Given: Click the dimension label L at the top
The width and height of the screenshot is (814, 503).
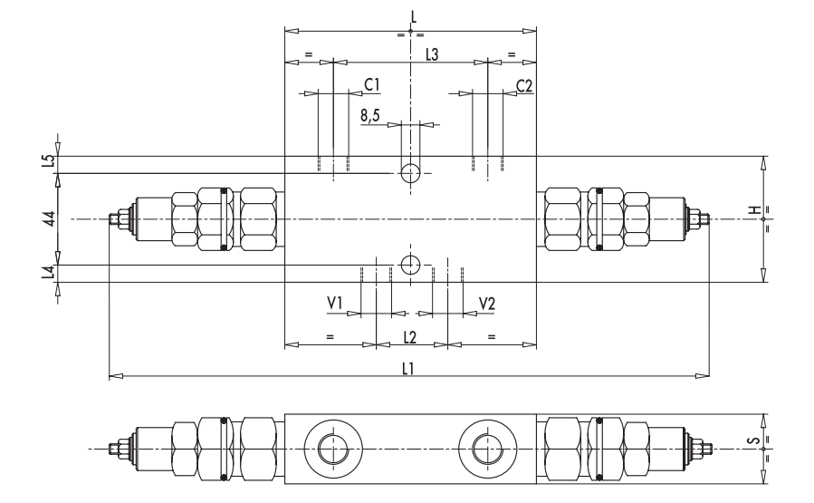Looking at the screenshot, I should tap(412, 15).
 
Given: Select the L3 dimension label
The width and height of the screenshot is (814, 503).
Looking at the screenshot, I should tap(432, 55).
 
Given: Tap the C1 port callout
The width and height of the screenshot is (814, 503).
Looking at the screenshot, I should tap(371, 85).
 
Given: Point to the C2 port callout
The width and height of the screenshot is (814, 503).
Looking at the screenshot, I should tap(524, 85).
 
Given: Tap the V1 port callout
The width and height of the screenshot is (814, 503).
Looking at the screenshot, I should tap(335, 303).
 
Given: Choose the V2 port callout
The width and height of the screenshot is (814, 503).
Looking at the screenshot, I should tap(487, 303).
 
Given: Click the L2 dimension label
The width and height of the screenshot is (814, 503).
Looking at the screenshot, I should tap(410, 337).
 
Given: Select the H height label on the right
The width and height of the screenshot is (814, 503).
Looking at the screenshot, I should tap(752, 210).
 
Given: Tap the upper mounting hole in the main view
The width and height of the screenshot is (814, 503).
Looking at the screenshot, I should tap(410, 172).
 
